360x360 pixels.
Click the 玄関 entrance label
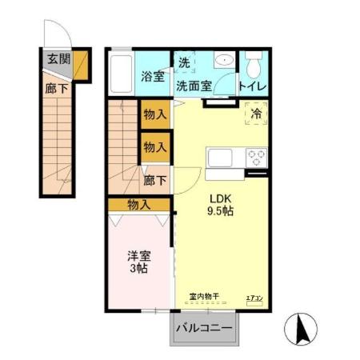pos(58,58)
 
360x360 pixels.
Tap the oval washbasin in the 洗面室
pos(224,61)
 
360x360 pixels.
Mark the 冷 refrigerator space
pos(256,115)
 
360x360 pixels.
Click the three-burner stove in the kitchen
pos(257,157)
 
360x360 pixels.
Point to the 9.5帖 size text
pos(222,214)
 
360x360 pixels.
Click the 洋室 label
pos(138,256)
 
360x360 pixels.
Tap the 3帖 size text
pos(138,270)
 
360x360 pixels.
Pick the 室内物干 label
pos(205,298)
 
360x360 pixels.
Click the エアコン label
pos(254,298)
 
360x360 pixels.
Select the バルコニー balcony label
pos(204,328)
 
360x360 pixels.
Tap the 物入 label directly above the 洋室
pos(139,205)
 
